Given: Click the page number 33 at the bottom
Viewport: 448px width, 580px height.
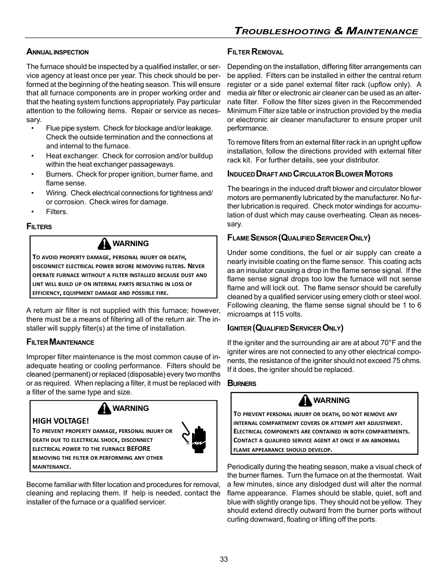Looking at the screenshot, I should pos(224,559).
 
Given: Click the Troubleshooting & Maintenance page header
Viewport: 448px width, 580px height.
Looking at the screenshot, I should pos(326,31).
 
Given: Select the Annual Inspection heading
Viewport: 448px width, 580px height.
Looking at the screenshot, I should pos(57,52).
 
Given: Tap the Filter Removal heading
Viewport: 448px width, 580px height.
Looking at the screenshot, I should pos(255,52).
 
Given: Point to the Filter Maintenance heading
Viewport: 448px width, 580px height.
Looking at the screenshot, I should pos(60,342).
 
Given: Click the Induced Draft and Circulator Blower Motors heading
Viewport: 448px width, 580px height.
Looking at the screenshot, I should pos(309,174).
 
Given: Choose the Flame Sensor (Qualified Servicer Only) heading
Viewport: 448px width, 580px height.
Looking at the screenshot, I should pos(299,238).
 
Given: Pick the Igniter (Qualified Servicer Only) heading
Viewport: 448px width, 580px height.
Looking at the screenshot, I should pos(285,328).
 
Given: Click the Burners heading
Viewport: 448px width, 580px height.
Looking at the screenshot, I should pos(241,384).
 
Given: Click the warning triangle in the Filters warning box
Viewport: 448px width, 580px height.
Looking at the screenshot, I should pos(104,244).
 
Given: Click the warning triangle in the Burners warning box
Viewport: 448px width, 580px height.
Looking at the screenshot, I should pos(305,401).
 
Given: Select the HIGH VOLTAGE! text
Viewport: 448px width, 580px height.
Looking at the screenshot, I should pos(61,421).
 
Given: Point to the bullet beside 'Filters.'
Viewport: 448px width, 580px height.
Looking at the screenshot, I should pos(33,212).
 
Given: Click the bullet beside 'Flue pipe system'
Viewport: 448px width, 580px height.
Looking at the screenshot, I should pos(33,128).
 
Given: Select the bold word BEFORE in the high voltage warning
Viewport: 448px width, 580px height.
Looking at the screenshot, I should pos(139,449).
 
